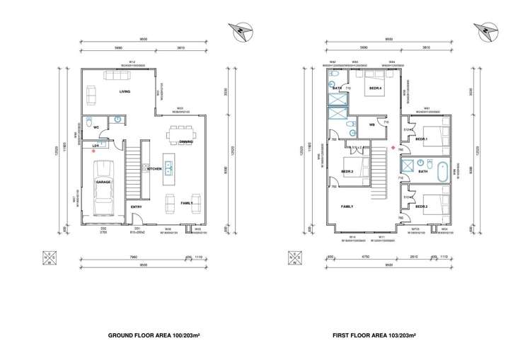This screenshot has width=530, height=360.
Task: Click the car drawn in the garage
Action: click(x=104, y=182)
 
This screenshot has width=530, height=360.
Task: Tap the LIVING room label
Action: click(x=125, y=91)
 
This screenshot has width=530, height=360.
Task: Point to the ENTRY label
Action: click(x=136, y=207)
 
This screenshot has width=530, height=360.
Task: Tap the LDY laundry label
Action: click(x=96, y=146)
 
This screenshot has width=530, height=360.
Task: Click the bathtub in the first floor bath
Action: click(x=443, y=171)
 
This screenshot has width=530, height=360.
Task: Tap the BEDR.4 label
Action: click(x=374, y=88)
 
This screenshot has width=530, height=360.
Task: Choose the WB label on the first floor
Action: click(x=371, y=125)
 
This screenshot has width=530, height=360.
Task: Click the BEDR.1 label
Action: click(x=422, y=139)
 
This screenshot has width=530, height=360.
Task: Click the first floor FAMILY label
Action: click(x=347, y=207)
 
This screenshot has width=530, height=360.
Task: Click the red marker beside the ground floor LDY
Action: click(x=84, y=152)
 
